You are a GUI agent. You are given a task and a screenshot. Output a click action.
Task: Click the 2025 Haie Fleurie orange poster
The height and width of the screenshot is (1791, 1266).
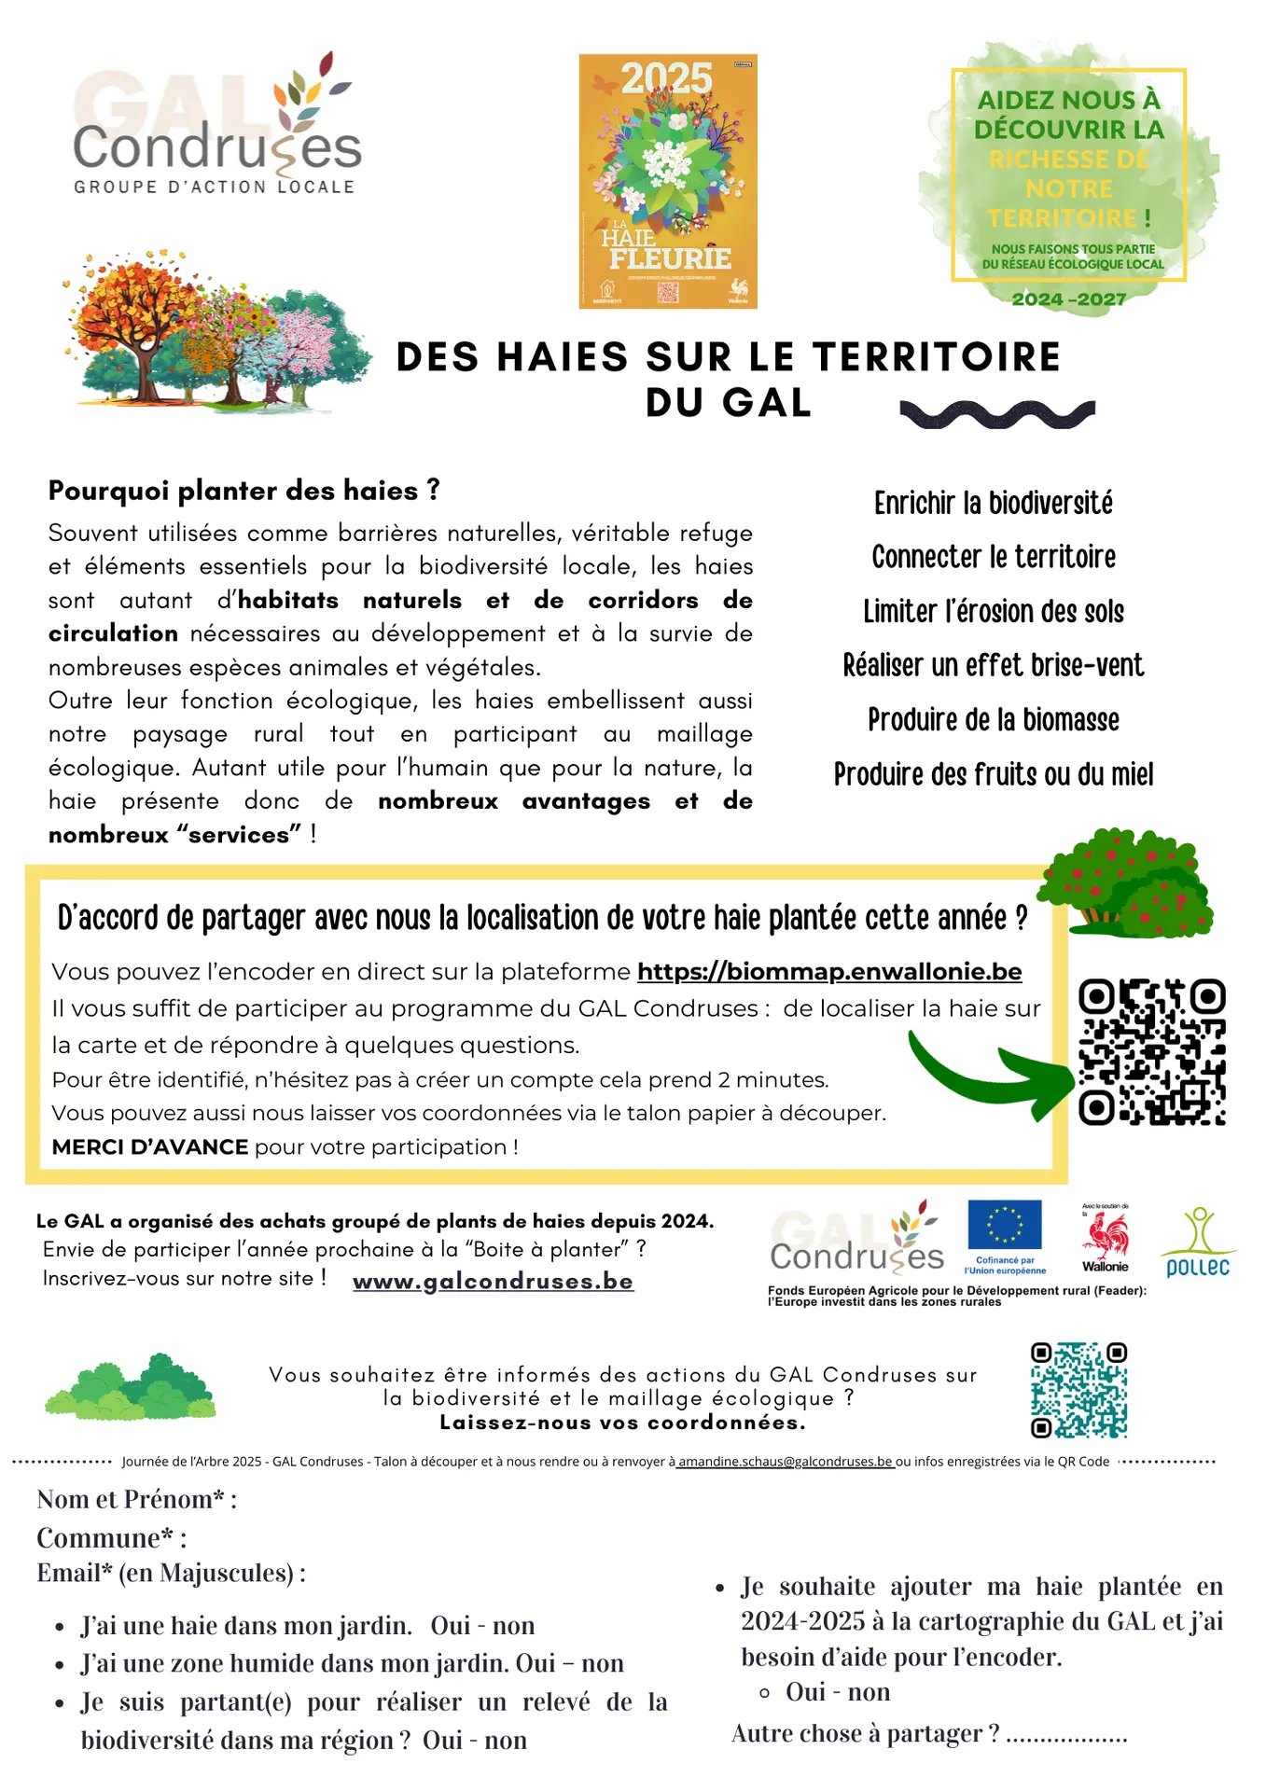[x=668, y=181]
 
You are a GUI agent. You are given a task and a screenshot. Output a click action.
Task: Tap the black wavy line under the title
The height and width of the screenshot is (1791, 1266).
[x=996, y=413]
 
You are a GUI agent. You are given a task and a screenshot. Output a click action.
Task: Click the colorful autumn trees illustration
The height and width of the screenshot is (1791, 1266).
[x=216, y=331]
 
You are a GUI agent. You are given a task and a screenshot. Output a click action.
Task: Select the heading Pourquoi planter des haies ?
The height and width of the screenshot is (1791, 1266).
[x=243, y=491]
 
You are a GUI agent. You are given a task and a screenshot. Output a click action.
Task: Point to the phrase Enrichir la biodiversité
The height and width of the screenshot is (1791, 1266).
[x=993, y=504]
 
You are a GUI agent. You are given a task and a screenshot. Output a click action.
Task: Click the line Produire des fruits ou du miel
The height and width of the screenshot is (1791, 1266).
[x=993, y=774]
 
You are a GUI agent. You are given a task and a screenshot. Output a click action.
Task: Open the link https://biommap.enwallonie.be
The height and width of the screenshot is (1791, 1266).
[x=828, y=972]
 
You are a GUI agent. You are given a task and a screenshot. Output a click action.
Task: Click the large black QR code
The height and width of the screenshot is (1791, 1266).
[x=1151, y=1051]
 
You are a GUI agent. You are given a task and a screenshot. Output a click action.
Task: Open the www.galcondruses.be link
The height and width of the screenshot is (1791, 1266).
[x=493, y=1282]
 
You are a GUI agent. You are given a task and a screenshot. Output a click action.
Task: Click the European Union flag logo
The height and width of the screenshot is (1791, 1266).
[x=1004, y=1226]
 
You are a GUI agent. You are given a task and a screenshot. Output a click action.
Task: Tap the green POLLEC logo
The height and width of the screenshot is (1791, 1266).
[x=1198, y=1243]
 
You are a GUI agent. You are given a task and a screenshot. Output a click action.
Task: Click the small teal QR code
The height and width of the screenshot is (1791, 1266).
[x=1078, y=1390]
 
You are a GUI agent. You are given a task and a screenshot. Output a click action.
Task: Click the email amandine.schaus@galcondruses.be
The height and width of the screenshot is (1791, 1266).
[x=785, y=1462]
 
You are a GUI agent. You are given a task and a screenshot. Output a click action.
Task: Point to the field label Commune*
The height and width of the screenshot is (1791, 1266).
[x=111, y=1538]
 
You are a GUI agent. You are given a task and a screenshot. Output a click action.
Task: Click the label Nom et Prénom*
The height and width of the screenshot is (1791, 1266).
[x=136, y=1499]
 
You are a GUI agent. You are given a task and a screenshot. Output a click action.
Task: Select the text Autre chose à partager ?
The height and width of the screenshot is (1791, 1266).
[x=865, y=1733]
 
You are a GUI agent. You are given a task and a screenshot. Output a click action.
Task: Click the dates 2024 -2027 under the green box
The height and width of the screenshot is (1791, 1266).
[x=1068, y=299]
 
